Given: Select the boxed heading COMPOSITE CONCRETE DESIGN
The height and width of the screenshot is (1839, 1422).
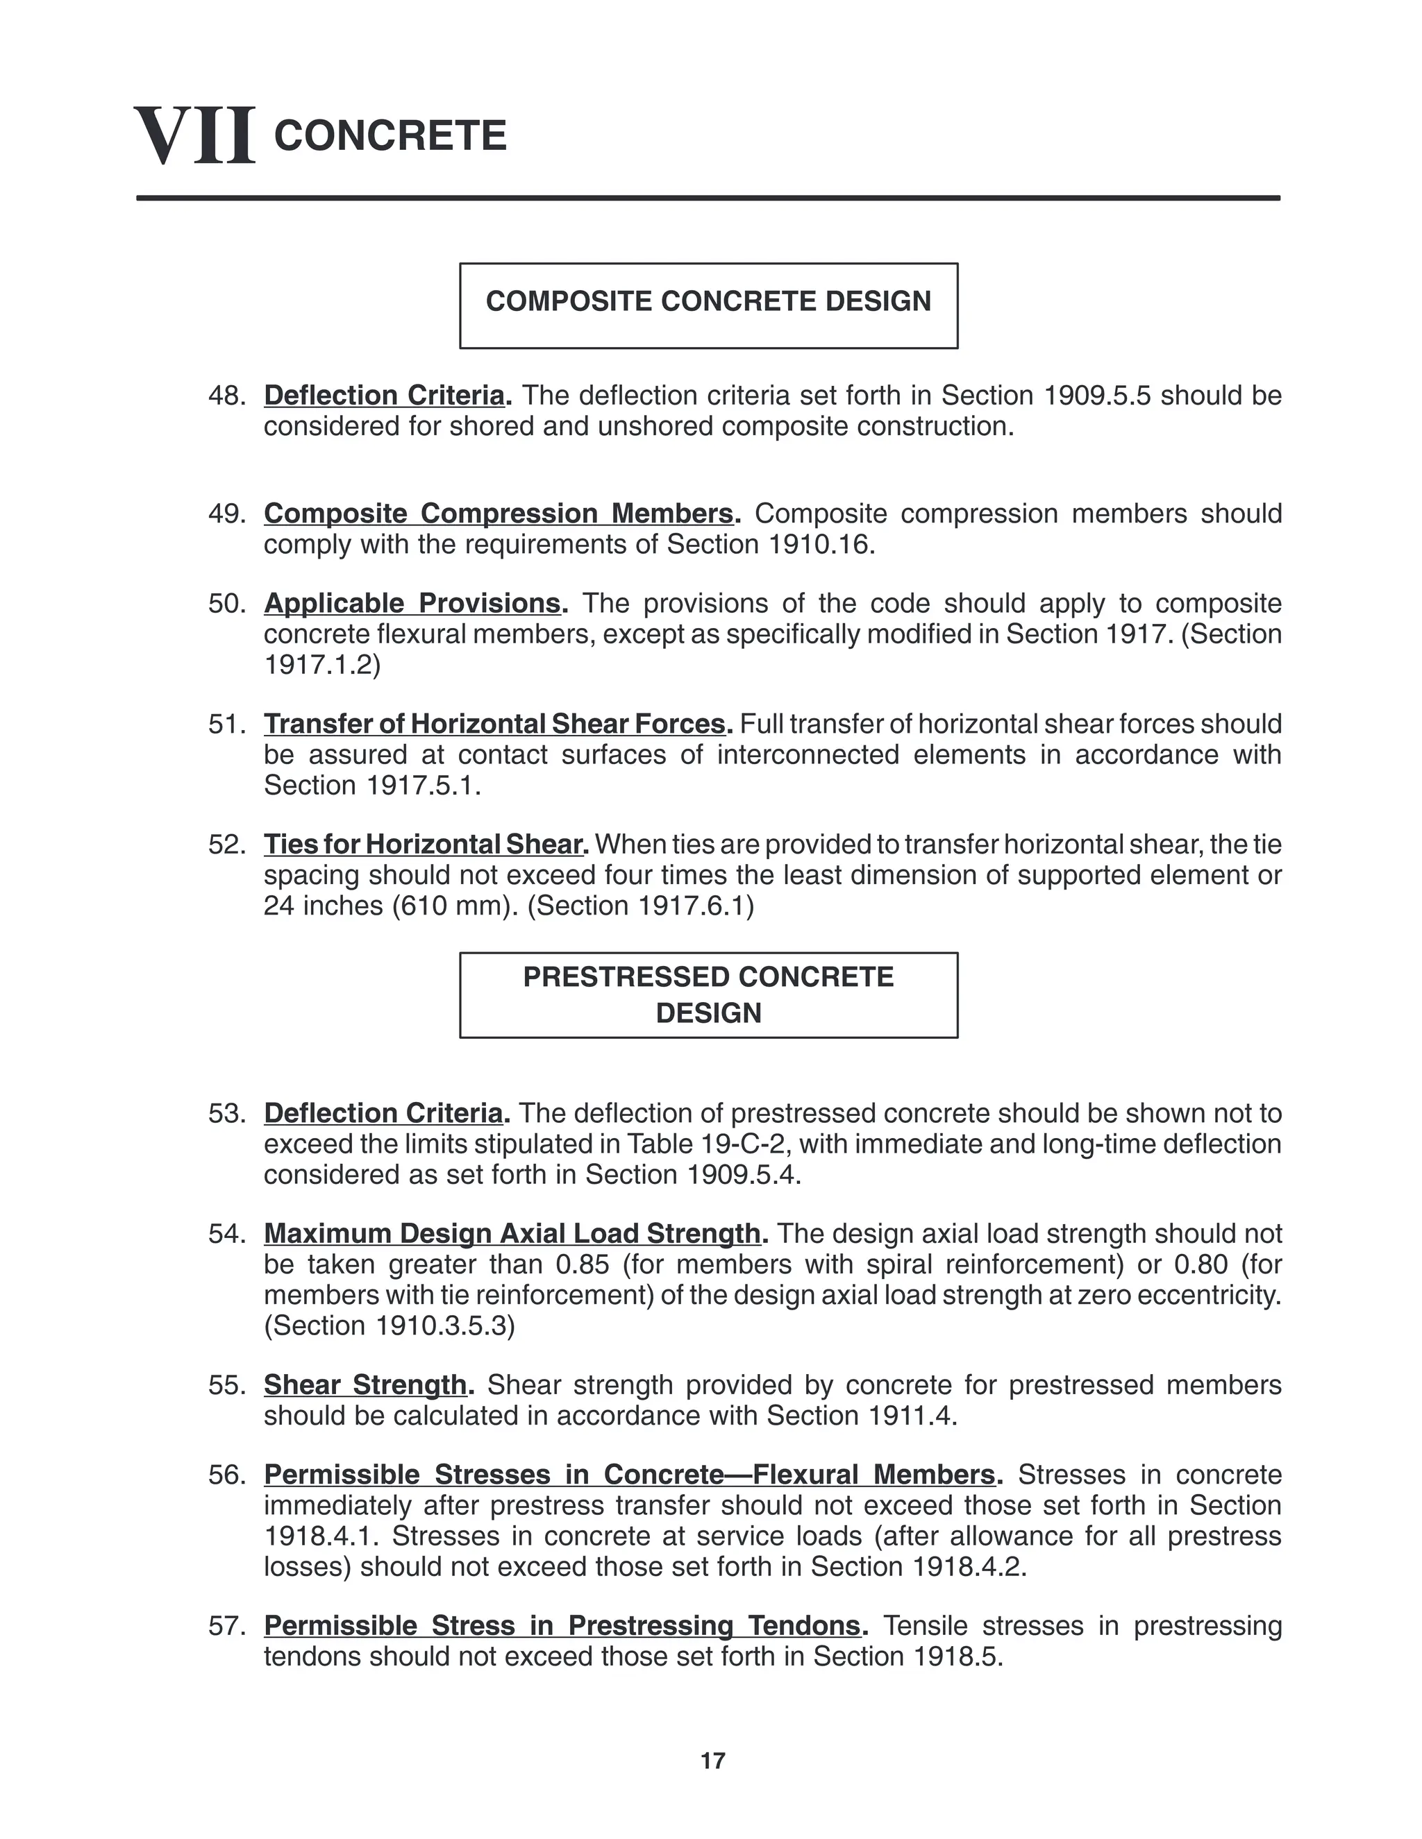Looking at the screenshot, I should click(x=708, y=301).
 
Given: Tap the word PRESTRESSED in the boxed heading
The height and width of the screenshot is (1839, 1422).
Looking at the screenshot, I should click(x=620, y=977).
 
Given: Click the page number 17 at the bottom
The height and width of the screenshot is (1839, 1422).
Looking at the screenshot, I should click(x=712, y=1761).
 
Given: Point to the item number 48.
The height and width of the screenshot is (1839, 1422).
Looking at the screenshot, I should click(x=226, y=396).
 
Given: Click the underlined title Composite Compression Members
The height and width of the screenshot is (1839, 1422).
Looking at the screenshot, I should click(x=498, y=514).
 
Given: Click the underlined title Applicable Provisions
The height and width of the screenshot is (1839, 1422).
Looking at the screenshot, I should click(x=412, y=604).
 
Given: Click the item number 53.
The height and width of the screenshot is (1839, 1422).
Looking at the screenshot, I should click(x=226, y=1113).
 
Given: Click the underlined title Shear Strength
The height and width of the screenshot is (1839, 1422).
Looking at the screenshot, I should click(x=365, y=1385).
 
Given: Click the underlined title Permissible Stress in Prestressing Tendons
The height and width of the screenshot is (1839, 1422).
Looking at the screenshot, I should click(x=562, y=1625).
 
